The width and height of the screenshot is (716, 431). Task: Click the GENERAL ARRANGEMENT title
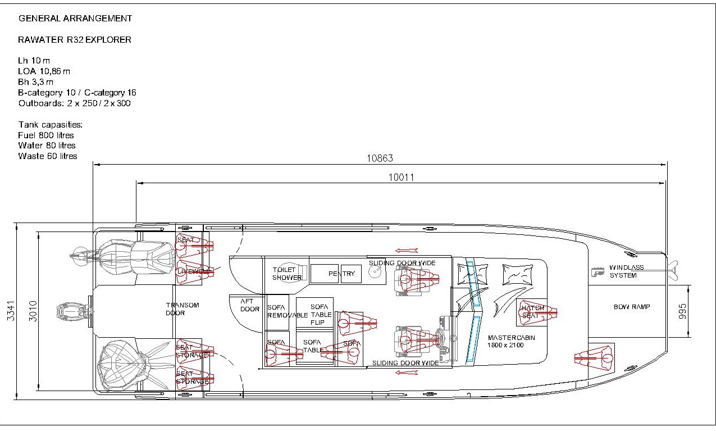[75, 19]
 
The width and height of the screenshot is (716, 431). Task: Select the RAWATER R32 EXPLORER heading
[75, 40]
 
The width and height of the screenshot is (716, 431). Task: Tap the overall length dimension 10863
[380, 158]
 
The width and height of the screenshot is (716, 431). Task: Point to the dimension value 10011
[401, 177]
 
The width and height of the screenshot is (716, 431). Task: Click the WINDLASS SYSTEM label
[626, 271]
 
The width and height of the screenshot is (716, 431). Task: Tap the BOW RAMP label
[631, 307]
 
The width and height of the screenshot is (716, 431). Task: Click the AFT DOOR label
[250, 305]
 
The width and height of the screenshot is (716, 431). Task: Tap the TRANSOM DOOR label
[183, 309]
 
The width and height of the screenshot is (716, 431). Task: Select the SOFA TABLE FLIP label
[321, 314]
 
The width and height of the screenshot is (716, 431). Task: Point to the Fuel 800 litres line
[46, 135]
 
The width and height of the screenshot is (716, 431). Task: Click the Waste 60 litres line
[48, 156]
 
